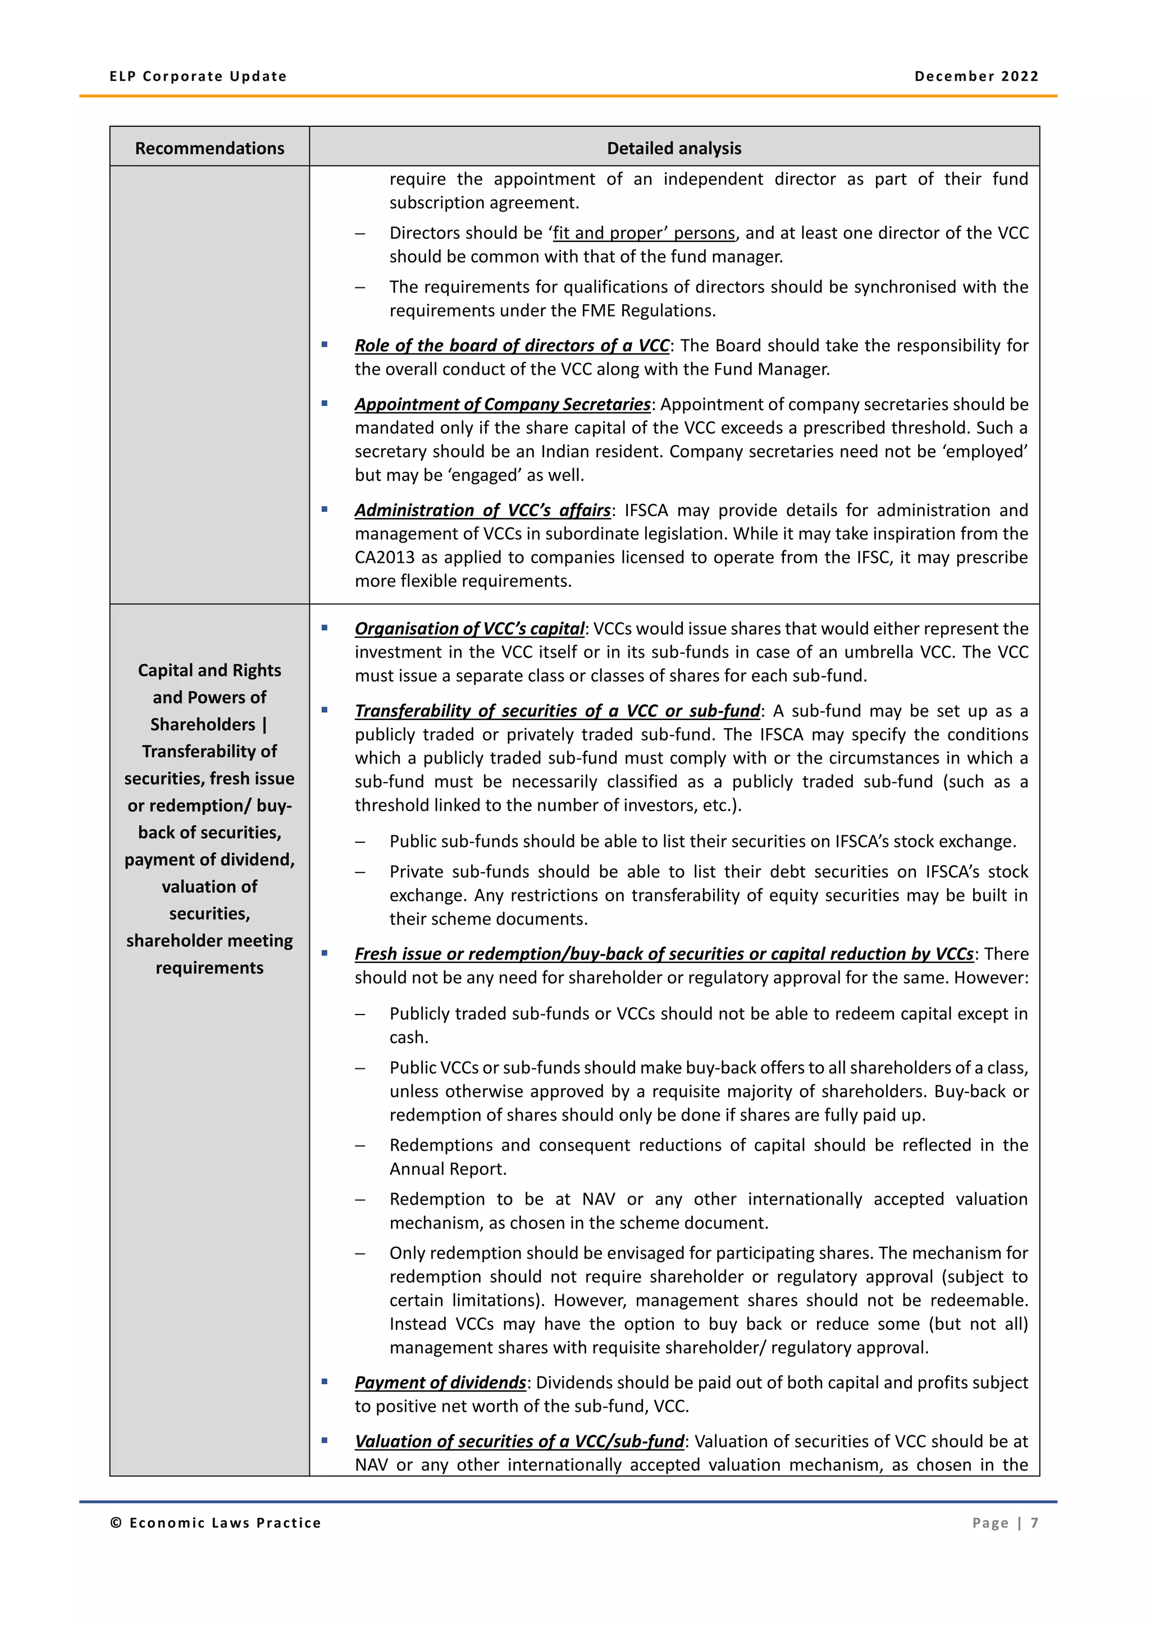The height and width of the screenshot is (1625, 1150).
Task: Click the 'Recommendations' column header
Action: (x=209, y=148)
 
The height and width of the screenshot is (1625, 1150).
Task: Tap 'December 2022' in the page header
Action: (x=976, y=76)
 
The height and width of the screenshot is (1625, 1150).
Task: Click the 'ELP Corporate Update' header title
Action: (x=198, y=76)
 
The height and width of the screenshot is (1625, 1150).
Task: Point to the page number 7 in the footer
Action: (x=1034, y=1522)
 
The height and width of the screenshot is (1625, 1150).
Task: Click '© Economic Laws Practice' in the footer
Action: (x=215, y=1522)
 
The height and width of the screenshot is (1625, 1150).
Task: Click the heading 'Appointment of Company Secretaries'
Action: (x=502, y=404)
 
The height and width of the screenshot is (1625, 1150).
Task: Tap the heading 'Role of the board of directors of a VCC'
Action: (x=512, y=346)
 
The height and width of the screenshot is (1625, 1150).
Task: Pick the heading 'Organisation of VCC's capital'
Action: (x=469, y=628)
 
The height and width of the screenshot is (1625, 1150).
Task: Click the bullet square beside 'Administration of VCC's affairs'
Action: (x=325, y=509)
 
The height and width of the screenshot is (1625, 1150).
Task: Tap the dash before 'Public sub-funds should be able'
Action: (x=360, y=842)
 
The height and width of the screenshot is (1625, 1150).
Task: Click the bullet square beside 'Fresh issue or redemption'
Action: (x=325, y=953)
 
